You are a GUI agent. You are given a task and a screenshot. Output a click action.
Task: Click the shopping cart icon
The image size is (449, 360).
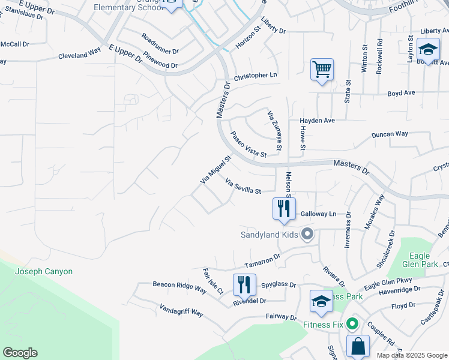click(x=322, y=70)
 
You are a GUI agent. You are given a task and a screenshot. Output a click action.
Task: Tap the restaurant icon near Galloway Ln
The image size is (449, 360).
click(x=284, y=209)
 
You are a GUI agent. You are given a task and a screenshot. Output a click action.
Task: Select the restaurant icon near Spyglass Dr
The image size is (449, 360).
click(x=244, y=284)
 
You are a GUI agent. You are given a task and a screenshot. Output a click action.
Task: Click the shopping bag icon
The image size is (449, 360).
click(x=358, y=346)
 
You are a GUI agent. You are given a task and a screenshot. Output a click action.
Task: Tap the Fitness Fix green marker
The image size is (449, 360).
click(x=352, y=325)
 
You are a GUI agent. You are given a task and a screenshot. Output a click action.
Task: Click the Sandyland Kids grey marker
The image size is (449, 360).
click(x=307, y=234)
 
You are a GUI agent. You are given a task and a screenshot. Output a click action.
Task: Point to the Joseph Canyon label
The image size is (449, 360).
click(x=44, y=272)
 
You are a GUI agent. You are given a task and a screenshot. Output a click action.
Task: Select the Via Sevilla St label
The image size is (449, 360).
click(x=244, y=186)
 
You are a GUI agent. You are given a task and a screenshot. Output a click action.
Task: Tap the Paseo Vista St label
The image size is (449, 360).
click(x=249, y=145)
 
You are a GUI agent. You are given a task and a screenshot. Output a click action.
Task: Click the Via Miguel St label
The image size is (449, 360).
click(x=215, y=170)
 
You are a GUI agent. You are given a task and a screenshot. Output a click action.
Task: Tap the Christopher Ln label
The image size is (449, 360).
click(x=256, y=76)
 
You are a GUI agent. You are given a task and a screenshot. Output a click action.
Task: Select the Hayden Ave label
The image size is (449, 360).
click(x=317, y=121)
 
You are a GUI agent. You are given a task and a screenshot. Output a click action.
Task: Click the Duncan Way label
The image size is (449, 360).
click(x=390, y=134)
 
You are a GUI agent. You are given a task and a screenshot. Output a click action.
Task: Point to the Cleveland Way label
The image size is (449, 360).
click(x=79, y=55)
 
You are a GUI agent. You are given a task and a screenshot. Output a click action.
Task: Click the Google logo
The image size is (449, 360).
click(x=20, y=353)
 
